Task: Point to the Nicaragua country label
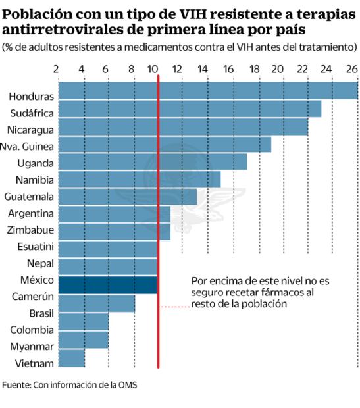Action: click(30, 130)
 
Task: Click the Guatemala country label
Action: click(29, 196)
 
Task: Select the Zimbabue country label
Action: click(30, 230)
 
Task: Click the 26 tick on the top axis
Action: click(351, 69)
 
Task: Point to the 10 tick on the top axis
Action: click(153, 69)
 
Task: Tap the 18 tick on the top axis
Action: click(252, 69)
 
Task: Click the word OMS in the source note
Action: click(128, 384)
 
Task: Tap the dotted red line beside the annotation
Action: click(174, 307)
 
